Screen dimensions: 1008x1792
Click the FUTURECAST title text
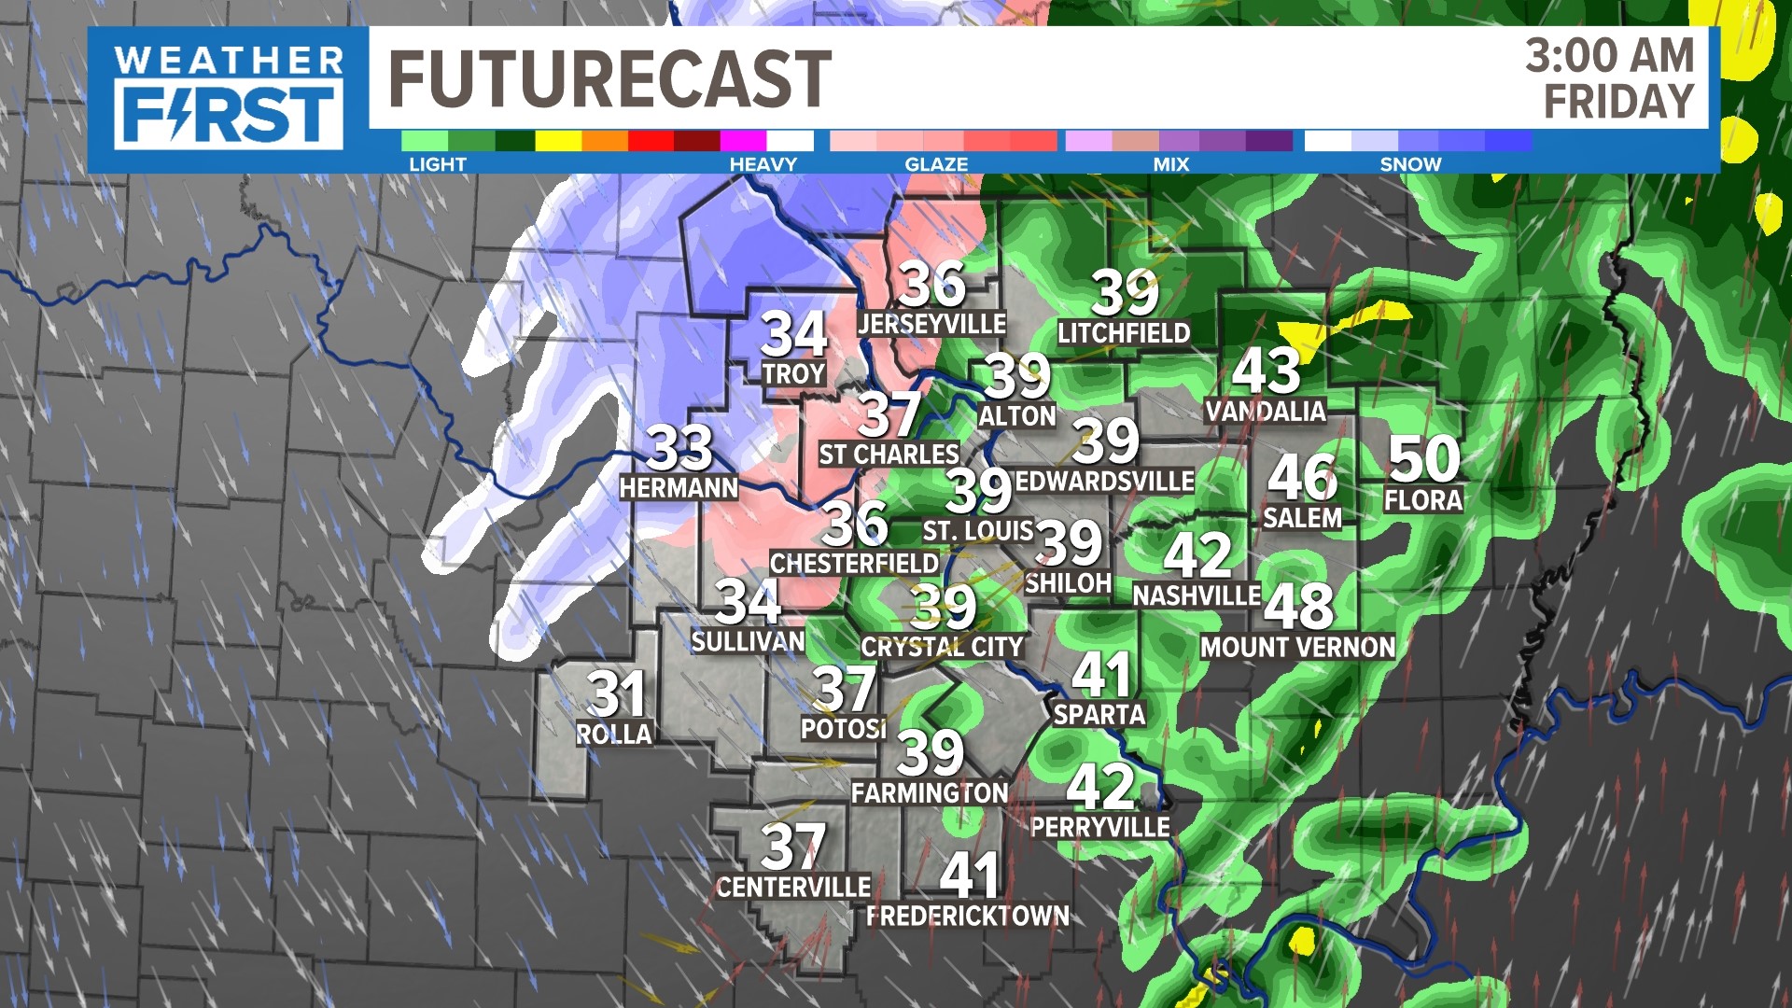609,78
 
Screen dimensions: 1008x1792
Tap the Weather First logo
229,99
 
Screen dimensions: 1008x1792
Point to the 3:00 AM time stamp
1609,56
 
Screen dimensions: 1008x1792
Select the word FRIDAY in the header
1618,102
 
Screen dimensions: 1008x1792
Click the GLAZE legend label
936,164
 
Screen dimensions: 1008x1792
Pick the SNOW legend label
1410,164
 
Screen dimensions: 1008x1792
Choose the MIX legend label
1170,164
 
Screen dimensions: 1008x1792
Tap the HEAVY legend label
763,164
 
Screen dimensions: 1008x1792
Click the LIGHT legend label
437,164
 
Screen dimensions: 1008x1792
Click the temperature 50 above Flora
1423,458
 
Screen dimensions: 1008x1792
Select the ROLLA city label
613,735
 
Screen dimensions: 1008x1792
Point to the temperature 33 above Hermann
679,448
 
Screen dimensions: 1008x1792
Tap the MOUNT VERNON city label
1297,647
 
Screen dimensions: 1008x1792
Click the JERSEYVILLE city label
931,324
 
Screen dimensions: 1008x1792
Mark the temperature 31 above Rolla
616,693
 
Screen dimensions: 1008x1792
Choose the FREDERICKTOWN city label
968,917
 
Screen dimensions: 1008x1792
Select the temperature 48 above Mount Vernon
1298,606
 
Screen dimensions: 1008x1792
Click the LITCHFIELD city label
1124,333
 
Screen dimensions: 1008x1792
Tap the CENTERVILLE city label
793,887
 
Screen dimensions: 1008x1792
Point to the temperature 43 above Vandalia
1266,371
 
